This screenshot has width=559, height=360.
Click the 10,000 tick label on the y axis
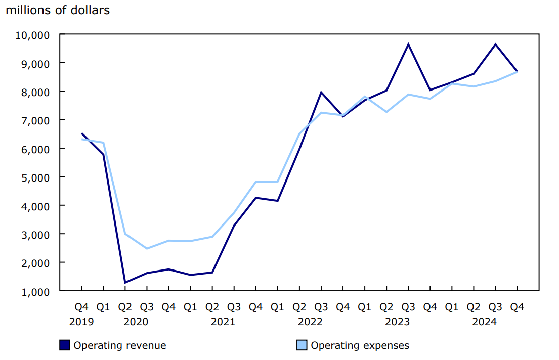coord(33,35)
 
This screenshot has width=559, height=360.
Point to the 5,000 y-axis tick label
coord(35,177)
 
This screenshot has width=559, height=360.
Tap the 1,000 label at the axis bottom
coord(35,292)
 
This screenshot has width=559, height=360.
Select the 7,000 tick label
coord(35,120)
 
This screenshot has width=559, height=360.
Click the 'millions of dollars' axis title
coord(57,10)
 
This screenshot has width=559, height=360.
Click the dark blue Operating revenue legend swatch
coord(64,345)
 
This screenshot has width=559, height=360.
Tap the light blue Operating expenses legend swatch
coord(302,345)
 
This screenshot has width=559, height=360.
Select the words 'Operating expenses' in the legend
coord(360,346)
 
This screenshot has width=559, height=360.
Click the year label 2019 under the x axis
coord(81,322)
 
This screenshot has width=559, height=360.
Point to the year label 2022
coord(310,322)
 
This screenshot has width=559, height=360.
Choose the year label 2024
coord(484,322)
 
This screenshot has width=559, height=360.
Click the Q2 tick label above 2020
coord(125,307)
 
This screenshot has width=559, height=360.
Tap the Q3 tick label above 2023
coord(408,307)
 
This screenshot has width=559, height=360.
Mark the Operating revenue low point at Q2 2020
coord(125,283)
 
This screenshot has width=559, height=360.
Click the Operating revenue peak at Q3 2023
coord(408,44)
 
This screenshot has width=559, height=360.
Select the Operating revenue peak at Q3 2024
coord(495,44)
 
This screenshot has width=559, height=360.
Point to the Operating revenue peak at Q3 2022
coord(321,92)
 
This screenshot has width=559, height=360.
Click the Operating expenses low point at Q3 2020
coord(147,248)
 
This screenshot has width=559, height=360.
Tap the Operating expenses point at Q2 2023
coord(386,112)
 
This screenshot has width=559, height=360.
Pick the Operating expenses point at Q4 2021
coord(255,182)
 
